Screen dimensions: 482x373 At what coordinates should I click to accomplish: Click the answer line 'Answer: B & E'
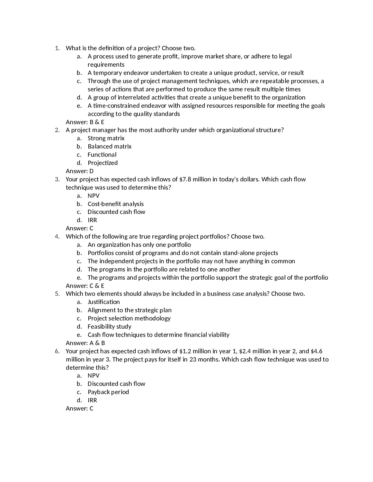(85, 122)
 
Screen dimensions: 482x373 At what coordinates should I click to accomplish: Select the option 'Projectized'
(102, 163)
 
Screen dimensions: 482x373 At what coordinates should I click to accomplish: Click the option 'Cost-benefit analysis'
(115, 204)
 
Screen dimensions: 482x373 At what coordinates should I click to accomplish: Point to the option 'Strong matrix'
(106, 138)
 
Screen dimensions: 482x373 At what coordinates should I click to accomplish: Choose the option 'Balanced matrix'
(109, 146)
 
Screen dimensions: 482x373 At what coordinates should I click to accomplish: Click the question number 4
(57, 236)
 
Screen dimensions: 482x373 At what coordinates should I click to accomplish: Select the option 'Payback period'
(108, 392)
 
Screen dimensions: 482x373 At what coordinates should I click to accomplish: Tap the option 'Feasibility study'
(109, 327)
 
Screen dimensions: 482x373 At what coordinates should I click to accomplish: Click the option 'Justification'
(104, 302)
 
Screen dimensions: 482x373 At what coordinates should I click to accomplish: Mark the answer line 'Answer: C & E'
(85, 286)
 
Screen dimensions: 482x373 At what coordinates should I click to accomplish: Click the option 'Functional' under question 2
(102, 155)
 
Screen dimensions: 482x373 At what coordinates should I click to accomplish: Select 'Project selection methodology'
(129, 318)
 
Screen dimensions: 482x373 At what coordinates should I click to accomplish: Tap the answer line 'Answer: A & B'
(85, 343)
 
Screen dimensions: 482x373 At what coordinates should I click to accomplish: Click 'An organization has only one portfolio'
(139, 245)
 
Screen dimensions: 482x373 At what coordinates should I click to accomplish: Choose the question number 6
(57, 351)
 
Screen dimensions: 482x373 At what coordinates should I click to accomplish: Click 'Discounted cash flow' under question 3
(116, 212)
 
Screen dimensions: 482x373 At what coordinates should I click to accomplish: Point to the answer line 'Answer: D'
(80, 171)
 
